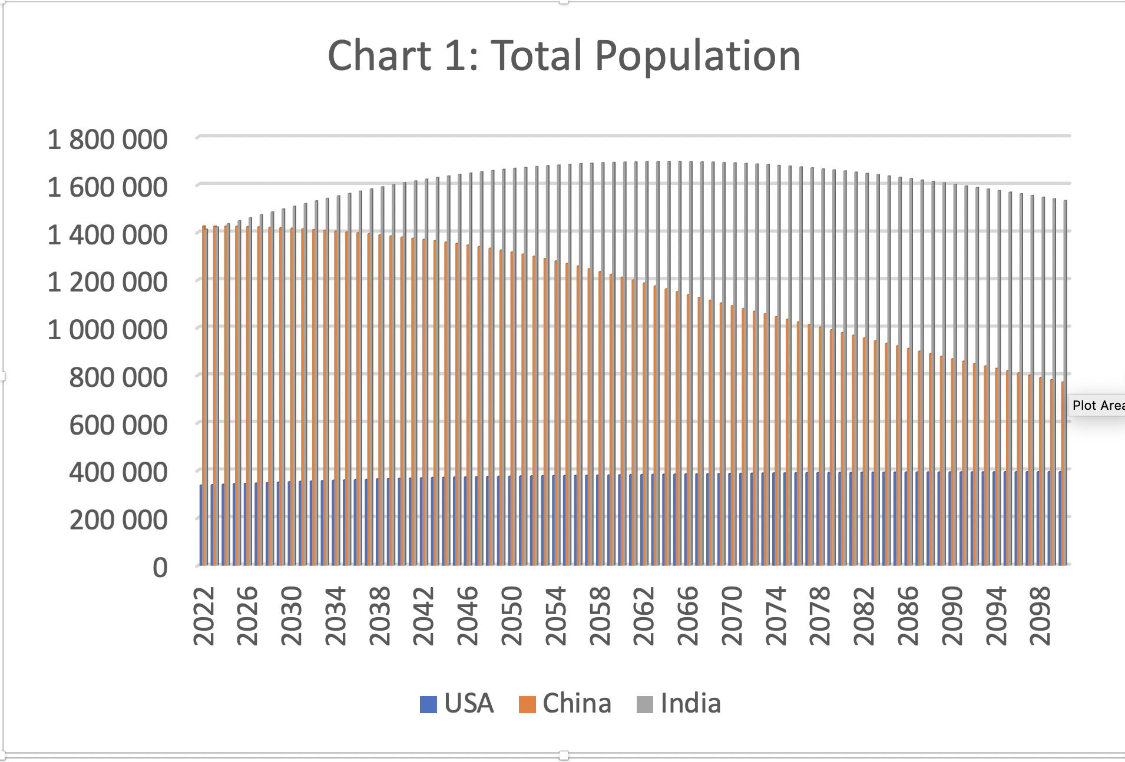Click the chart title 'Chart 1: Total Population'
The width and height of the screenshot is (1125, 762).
(x=564, y=56)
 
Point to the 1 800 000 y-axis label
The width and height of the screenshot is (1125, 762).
(x=107, y=140)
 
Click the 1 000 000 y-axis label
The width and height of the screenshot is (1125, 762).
(x=107, y=330)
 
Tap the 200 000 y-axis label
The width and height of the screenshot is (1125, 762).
(x=118, y=521)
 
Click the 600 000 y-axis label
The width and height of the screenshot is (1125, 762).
(x=118, y=425)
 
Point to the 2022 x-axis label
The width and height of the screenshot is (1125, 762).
(x=204, y=616)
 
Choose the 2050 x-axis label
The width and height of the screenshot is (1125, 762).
(x=512, y=616)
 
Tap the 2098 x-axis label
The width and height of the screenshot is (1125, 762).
(x=1041, y=616)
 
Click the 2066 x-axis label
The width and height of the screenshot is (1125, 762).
(x=688, y=616)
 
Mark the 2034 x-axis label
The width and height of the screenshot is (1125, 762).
(x=336, y=616)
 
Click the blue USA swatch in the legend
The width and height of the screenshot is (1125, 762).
(x=428, y=704)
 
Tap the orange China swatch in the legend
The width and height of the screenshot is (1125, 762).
(x=527, y=704)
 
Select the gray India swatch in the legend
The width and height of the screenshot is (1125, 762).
(x=645, y=704)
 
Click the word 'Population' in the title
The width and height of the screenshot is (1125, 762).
(x=697, y=56)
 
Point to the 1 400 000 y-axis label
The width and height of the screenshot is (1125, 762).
(x=107, y=235)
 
